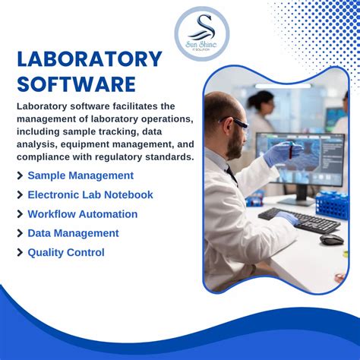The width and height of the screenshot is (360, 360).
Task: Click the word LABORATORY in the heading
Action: (x=90, y=59)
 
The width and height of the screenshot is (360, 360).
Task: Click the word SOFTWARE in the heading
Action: (x=76, y=84)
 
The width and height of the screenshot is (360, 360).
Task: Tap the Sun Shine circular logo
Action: (x=201, y=34)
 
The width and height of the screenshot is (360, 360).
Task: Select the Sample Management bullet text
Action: (x=81, y=175)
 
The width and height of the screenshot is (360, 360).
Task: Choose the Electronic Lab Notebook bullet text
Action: (x=90, y=194)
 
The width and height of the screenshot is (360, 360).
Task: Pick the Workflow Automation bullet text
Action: (x=83, y=214)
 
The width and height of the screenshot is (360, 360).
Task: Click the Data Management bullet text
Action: (x=73, y=233)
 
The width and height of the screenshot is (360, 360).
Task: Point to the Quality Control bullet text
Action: (x=66, y=252)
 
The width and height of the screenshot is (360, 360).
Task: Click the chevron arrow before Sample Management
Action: (x=20, y=176)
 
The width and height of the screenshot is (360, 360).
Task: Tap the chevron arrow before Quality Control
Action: (x=20, y=253)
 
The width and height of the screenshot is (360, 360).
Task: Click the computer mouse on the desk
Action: (x=331, y=239)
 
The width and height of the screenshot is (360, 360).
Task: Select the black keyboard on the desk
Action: (x=299, y=220)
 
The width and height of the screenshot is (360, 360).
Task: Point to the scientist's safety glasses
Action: (x=236, y=124)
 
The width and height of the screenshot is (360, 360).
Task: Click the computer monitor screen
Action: (x=300, y=156)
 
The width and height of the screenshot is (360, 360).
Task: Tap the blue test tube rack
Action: (x=332, y=204)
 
